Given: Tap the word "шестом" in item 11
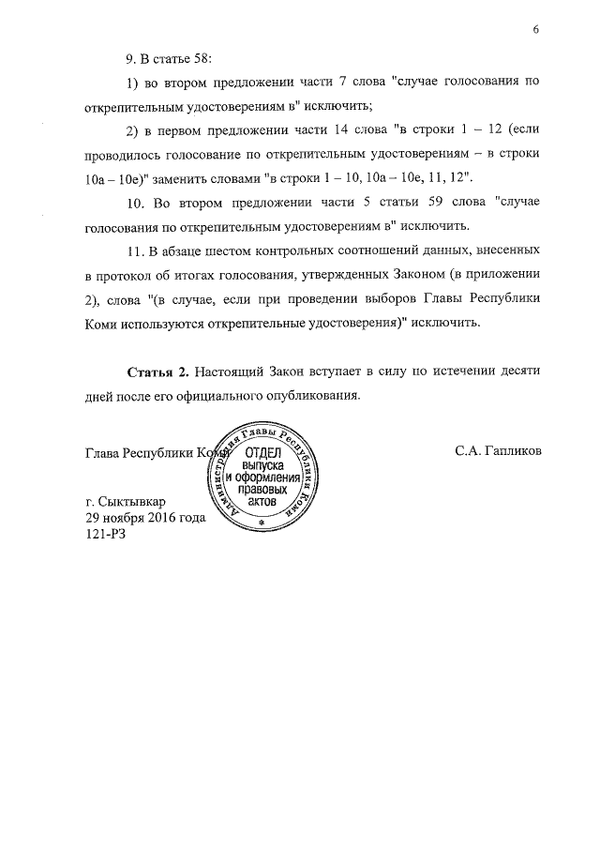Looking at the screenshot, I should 222,253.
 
